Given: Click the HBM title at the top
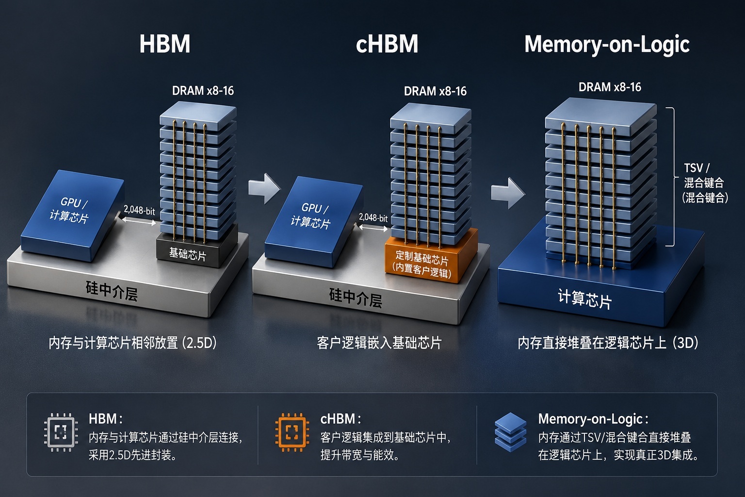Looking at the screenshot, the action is point(164,44).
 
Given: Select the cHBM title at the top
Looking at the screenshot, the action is point(387,44).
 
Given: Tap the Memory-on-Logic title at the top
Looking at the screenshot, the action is point(607,45).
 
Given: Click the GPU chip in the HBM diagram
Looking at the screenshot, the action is point(72,215).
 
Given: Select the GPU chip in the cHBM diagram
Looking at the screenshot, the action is point(313,221).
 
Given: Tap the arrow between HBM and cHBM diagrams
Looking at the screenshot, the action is point(264,188).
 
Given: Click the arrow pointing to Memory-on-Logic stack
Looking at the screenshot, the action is point(508,193).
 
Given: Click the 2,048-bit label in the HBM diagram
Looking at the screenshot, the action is point(139,210).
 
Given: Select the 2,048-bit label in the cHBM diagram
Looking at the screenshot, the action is point(373,218).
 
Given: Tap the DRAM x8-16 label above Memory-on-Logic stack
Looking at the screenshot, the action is point(610,87).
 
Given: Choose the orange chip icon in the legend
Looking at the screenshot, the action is point(292,432).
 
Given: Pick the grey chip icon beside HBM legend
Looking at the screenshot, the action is point(61,432).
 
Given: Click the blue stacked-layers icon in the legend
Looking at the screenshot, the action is point(511,432).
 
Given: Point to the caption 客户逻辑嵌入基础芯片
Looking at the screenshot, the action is point(379,343).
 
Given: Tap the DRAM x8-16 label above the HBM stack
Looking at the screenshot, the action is point(203,91).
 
